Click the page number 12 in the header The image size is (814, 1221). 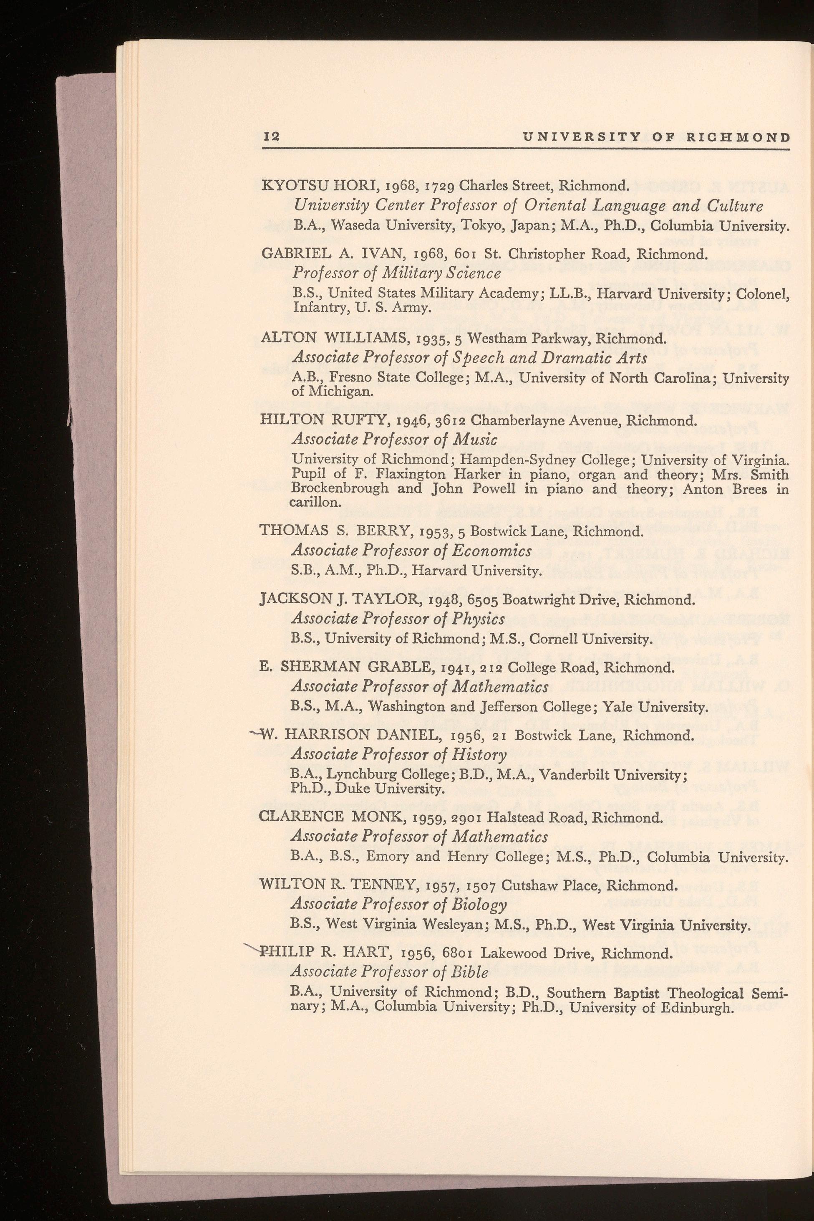click(271, 137)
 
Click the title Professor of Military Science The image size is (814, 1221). click(397, 273)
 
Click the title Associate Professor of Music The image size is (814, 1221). click(395, 440)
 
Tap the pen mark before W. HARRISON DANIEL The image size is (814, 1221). click(255, 733)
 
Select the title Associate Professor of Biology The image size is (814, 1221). click(399, 904)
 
